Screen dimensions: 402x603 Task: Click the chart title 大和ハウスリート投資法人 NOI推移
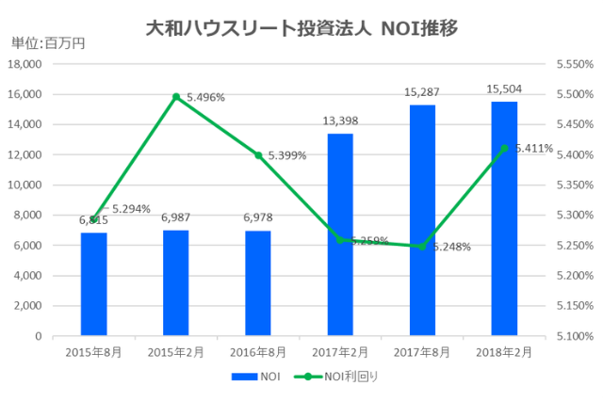(x=301, y=28)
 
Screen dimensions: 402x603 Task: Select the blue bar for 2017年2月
(x=340, y=234)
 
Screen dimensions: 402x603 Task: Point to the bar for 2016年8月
(x=258, y=282)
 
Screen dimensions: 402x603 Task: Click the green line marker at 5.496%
(x=176, y=96)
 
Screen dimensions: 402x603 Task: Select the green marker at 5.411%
(x=504, y=148)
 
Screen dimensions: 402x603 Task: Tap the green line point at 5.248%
(x=422, y=247)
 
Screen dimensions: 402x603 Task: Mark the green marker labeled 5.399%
(x=258, y=154)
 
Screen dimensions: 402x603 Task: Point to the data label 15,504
(x=504, y=89)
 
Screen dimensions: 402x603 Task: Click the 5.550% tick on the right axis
(x=573, y=64)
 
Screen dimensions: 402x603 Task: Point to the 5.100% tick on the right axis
(x=573, y=336)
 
